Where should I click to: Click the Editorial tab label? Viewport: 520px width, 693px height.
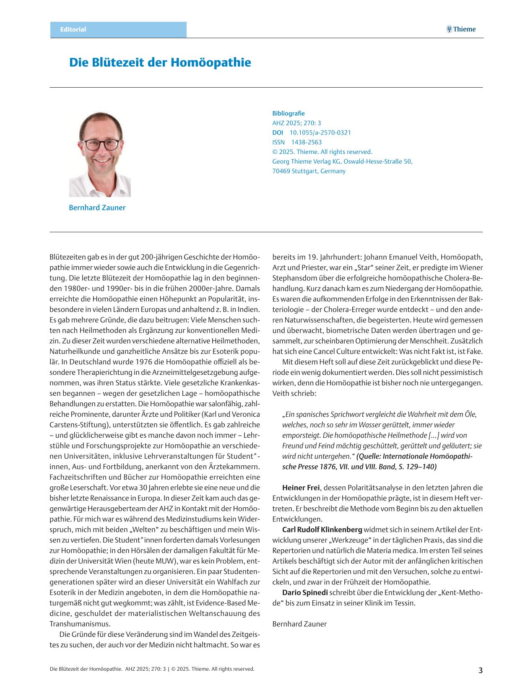(x=73, y=29)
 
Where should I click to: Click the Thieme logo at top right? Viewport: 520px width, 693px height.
(x=461, y=29)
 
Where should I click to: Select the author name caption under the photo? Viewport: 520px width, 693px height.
(x=97, y=208)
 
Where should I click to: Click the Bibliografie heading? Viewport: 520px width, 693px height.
(x=289, y=113)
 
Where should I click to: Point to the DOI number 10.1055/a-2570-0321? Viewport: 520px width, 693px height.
(x=320, y=132)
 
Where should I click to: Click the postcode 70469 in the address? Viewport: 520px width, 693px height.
(x=281, y=171)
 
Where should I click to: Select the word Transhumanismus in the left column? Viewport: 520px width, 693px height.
(x=80, y=624)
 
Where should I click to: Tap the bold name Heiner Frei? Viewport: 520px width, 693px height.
(x=301, y=488)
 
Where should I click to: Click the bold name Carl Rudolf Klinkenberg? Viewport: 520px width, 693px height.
(x=322, y=529)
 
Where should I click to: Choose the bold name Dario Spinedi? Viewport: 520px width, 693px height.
(x=305, y=592)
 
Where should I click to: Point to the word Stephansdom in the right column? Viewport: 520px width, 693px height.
(x=294, y=278)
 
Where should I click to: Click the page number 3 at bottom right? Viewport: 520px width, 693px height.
(x=481, y=670)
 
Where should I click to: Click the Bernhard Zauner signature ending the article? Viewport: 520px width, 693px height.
(x=299, y=624)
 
